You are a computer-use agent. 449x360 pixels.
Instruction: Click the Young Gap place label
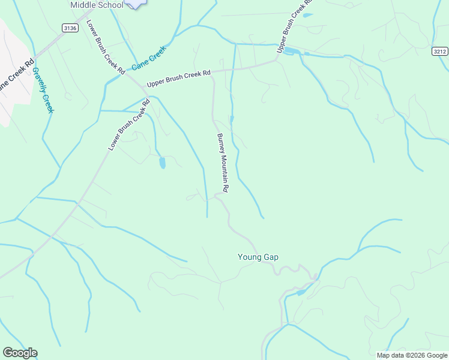click(x=258, y=257)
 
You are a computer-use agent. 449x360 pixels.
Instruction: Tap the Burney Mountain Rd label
click(x=223, y=163)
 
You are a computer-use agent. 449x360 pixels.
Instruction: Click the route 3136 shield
click(x=70, y=28)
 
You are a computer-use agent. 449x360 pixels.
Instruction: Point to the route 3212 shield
click(x=440, y=52)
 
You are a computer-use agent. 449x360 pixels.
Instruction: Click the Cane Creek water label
click(x=148, y=58)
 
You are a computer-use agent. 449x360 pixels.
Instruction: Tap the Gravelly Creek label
click(x=43, y=90)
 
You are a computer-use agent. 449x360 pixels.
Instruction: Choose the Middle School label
click(x=97, y=5)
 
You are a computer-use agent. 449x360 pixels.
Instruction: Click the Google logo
click(x=20, y=353)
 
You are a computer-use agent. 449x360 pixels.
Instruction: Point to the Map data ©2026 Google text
click(x=411, y=355)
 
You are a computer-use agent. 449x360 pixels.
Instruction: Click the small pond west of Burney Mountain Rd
click(x=162, y=163)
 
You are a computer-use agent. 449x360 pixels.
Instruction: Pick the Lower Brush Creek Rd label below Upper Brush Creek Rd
click(x=128, y=124)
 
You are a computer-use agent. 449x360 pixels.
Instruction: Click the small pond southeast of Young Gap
click(x=301, y=292)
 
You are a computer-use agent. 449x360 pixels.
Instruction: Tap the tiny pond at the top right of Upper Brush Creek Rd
click(x=307, y=15)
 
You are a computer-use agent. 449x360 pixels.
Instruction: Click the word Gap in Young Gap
click(x=270, y=257)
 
